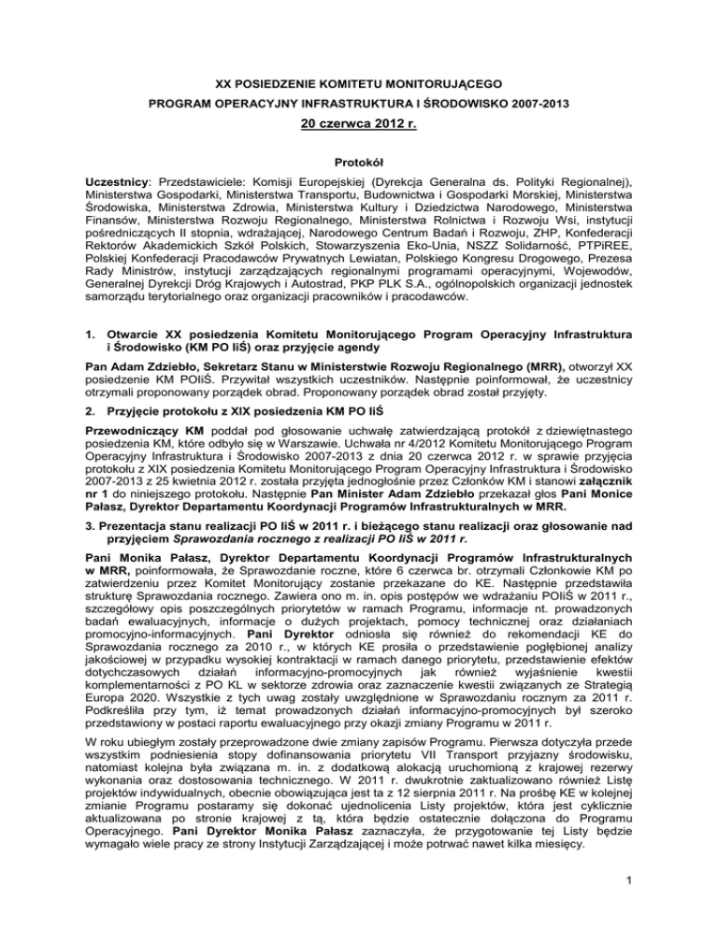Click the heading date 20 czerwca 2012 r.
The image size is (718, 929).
(359, 121)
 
